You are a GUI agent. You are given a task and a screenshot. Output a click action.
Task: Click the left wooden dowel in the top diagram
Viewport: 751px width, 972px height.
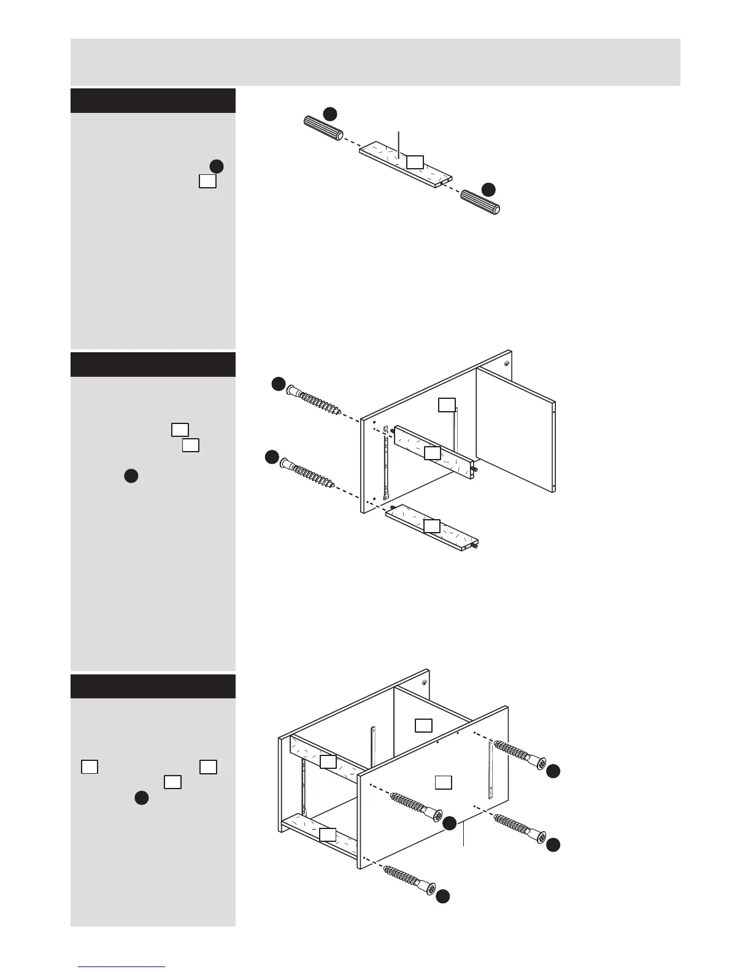click(x=323, y=129)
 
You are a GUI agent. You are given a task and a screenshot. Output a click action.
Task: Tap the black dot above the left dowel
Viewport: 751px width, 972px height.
click(x=331, y=113)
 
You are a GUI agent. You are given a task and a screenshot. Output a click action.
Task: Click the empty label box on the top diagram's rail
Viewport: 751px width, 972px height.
click(x=415, y=161)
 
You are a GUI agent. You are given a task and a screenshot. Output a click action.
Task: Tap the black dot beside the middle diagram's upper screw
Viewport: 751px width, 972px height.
click(x=279, y=385)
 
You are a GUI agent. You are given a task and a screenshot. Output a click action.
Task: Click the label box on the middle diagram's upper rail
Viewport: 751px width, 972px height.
click(x=433, y=453)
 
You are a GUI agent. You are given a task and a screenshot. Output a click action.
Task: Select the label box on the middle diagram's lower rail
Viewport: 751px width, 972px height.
click(x=432, y=526)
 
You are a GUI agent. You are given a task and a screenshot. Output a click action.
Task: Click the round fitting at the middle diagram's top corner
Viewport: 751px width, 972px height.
click(x=507, y=363)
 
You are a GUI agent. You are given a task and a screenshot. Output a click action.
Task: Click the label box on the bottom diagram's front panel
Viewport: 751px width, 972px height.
click(x=444, y=782)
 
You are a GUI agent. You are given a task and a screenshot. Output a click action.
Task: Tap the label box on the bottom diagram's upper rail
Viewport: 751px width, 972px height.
click(x=328, y=762)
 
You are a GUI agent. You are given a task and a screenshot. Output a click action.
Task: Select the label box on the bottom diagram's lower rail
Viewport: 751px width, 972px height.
click(x=327, y=834)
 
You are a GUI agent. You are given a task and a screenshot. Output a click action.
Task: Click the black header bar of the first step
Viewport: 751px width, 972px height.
click(x=153, y=101)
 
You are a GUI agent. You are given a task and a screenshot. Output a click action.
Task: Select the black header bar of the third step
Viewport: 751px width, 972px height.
click(x=153, y=686)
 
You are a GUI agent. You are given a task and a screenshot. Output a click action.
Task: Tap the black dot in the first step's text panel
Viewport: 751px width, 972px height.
click(x=216, y=166)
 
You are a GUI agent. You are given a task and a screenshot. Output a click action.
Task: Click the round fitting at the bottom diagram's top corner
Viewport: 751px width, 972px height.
click(x=423, y=681)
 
